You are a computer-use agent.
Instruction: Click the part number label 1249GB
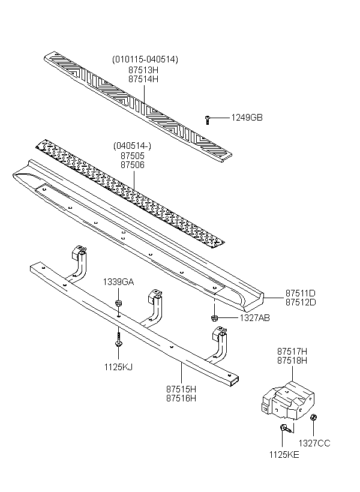[247, 118]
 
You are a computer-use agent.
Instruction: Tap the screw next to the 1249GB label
[207, 119]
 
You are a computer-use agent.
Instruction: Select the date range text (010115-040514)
[145, 59]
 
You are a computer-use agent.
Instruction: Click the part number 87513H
[143, 70]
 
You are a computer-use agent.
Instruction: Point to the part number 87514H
[143, 79]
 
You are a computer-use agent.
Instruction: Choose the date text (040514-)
[132, 146]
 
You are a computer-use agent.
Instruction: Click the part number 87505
[133, 155]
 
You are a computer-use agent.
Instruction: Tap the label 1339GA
[118, 282]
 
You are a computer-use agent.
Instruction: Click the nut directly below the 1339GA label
[119, 303]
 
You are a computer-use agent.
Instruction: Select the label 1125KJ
[118, 367]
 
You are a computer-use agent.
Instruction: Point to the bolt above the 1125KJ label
[119, 339]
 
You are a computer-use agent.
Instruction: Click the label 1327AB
[254, 318]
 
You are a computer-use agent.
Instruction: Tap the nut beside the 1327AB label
[215, 318]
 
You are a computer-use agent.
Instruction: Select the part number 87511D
[301, 293]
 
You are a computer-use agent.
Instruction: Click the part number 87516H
[181, 398]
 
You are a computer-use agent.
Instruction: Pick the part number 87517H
[292, 351]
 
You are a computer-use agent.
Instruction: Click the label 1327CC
[314, 443]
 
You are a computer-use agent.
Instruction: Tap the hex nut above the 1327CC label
[313, 418]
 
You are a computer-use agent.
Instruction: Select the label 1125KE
[284, 455]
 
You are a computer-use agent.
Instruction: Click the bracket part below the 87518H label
[287, 401]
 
